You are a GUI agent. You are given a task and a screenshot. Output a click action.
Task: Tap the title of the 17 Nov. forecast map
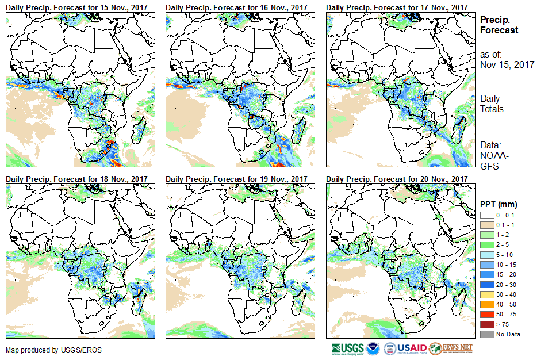click(397, 6)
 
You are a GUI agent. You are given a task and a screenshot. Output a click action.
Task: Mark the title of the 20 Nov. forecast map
click(397, 179)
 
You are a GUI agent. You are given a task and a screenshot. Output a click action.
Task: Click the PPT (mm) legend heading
click(499, 204)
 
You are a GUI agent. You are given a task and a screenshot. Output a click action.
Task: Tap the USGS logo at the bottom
click(347, 348)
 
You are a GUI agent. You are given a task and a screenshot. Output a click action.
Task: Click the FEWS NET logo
click(451, 348)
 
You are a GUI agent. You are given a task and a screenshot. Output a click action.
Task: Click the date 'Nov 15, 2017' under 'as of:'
click(507, 64)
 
